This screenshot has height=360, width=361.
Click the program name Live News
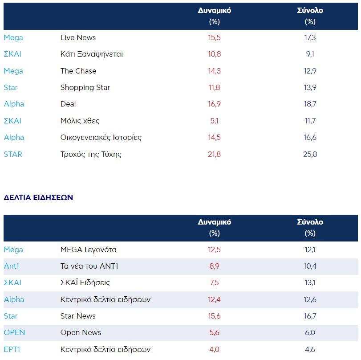point(78,38)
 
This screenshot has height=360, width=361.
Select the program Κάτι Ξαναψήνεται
point(91,54)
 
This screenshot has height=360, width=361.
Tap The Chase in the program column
point(78,71)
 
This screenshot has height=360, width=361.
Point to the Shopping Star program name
point(85,87)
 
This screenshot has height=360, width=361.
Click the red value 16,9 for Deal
point(214,104)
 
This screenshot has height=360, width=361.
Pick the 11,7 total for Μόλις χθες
point(310,121)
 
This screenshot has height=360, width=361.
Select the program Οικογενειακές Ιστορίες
point(101,137)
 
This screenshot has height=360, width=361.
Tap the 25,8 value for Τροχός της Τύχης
point(310,154)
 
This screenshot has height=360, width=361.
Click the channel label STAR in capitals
point(12,154)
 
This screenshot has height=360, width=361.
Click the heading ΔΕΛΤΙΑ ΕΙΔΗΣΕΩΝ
point(38,197)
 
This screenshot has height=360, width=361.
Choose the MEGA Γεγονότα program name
point(88,250)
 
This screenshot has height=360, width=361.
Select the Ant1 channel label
point(12,266)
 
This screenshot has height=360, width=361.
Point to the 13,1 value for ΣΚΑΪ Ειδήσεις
point(310,282)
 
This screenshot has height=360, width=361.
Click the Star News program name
point(78,316)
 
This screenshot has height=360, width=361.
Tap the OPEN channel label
point(14,332)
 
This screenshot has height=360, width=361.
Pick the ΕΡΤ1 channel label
point(12,349)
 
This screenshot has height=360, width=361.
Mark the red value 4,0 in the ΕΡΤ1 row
point(214,349)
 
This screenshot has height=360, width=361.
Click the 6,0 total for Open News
point(310,332)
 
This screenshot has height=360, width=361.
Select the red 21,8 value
point(214,154)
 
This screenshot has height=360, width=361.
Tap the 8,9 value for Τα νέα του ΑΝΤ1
point(214,266)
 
